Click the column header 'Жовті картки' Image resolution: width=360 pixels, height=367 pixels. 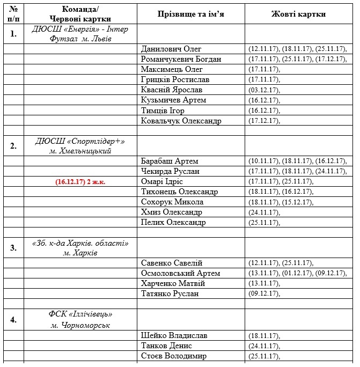[x=299, y=14]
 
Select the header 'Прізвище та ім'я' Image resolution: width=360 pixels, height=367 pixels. [x=190, y=14]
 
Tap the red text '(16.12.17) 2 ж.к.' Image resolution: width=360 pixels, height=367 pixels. [x=80, y=182]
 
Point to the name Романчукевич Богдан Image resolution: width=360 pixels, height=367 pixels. [x=181, y=59]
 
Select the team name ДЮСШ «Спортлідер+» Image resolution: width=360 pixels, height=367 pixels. [x=80, y=141]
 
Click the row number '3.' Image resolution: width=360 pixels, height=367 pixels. [x=13, y=248]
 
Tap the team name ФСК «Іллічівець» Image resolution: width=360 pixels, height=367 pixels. [x=80, y=314]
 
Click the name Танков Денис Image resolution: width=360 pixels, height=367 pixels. [x=166, y=346]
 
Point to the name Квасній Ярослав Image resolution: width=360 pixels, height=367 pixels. [x=172, y=90]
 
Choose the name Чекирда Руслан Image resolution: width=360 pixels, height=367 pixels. [x=170, y=171]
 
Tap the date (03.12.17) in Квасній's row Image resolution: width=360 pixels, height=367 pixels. [x=265, y=90]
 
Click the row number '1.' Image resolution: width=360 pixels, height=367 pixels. [x=13, y=34]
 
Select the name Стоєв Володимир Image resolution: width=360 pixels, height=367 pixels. [x=173, y=356]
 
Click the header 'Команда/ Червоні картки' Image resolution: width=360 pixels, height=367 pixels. [x=80, y=14]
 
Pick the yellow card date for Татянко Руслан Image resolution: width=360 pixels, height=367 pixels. [x=265, y=293]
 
